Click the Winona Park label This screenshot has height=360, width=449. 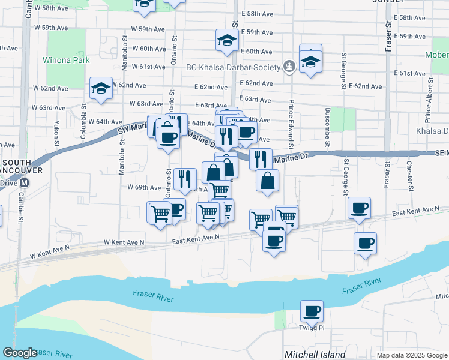pos(66,60)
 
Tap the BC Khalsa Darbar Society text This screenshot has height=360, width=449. pos(234,66)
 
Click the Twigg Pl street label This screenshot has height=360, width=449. pos(312,328)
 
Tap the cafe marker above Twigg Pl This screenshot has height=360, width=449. pos(312,311)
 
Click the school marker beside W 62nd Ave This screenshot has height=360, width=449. pos(100,89)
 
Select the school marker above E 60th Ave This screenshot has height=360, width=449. pos(228,40)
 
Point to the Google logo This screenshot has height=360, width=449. pos(19,353)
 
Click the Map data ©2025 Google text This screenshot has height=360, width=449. pos(412,355)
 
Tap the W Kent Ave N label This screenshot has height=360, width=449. pos(124,242)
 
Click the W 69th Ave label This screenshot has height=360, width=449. pos(144,187)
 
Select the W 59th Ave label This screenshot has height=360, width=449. pos(50,28)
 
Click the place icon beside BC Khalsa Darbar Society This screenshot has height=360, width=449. pos(289,66)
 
